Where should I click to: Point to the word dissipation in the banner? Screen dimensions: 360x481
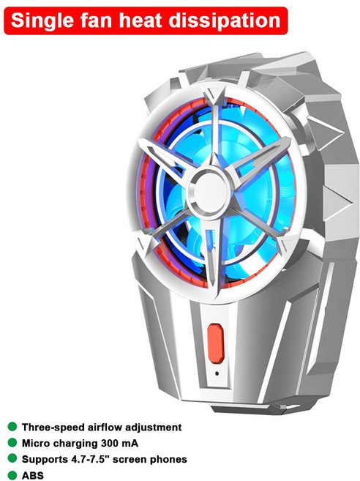tap(224, 20)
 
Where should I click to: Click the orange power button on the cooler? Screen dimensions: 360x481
tap(215, 343)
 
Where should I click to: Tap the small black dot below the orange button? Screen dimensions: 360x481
tap(217, 373)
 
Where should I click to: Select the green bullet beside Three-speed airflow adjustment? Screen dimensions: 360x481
tap(12, 427)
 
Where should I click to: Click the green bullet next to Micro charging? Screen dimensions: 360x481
tap(12, 443)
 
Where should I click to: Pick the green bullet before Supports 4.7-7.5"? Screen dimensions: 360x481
tap(12, 458)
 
